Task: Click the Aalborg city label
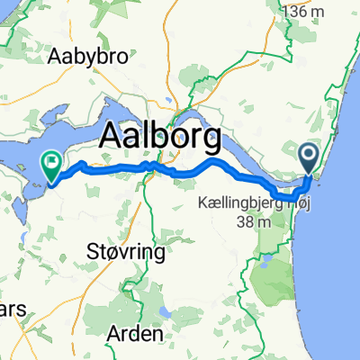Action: click(x=159, y=138)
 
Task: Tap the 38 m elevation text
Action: click(x=240, y=221)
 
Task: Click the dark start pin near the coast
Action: click(x=309, y=158)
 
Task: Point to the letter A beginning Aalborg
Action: click(x=111, y=138)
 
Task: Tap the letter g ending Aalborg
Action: click(x=211, y=142)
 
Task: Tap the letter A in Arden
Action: click(x=113, y=333)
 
